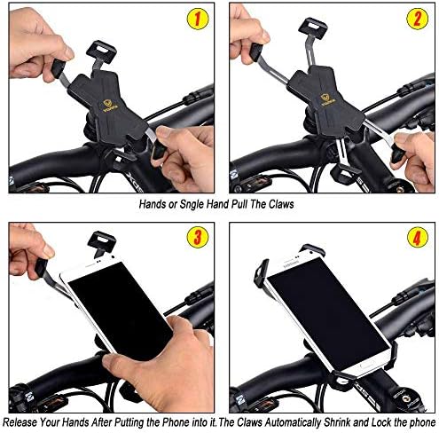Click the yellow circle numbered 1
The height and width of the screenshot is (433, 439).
(198, 19)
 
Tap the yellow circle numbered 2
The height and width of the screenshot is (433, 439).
(417, 19)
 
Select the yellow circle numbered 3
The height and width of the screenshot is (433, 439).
(198, 237)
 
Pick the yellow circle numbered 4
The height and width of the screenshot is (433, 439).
(418, 237)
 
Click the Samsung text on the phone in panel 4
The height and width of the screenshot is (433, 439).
(292, 264)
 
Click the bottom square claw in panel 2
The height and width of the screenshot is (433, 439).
(345, 174)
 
